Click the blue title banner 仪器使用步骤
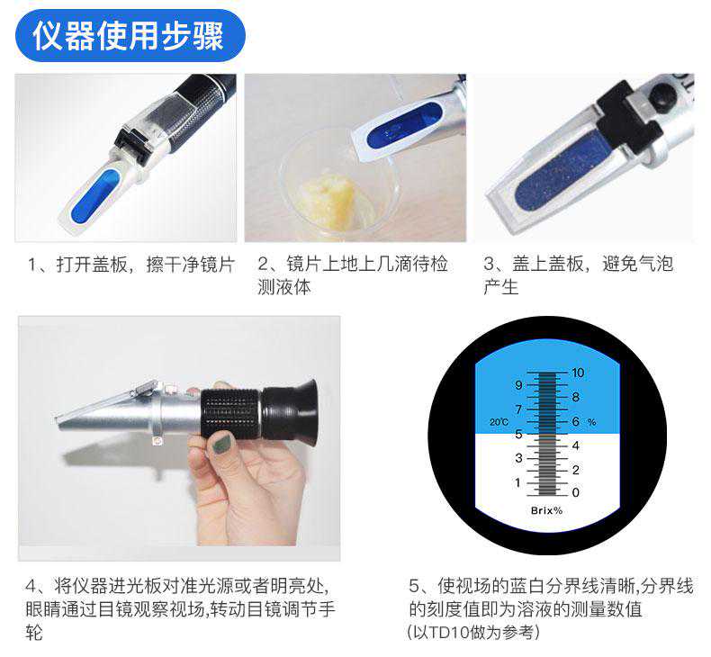(x=130, y=35)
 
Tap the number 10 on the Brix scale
(x=577, y=373)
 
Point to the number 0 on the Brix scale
(x=575, y=492)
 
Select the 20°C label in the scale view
(x=499, y=422)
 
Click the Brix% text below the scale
(x=546, y=510)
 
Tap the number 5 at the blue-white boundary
(x=518, y=434)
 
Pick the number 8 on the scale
(x=575, y=397)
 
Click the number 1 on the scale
(x=517, y=482)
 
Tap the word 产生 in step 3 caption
(x=501, y=287)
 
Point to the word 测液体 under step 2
(x=284, y=287)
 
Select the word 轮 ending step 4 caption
(x=34, y=632)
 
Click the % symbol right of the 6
(x=591, y=422)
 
